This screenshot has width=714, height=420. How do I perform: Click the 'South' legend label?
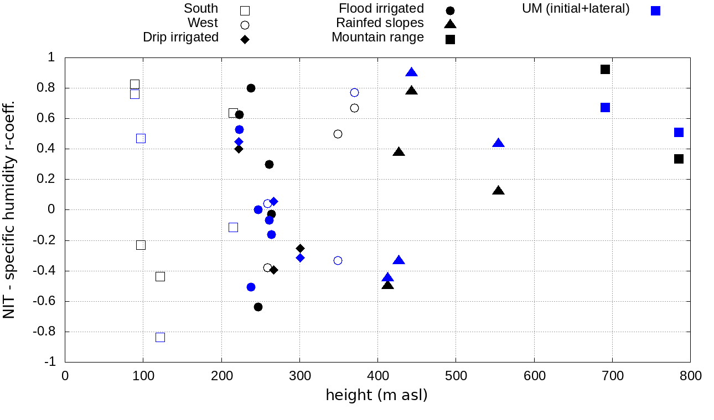[x=201, y=9]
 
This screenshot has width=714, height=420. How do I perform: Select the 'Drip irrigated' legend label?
[x=180, y=37]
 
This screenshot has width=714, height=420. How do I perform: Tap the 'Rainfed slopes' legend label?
[x=380, y=23]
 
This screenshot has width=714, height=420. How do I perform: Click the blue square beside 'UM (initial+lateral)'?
[x=655, y=11]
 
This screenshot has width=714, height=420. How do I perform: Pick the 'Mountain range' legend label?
[x=377, y=38]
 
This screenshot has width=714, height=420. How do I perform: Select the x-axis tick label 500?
[x=456, y=376]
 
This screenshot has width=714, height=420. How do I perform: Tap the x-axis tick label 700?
[x=613, y=376]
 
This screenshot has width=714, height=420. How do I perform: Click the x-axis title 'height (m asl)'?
[x=376, y=396]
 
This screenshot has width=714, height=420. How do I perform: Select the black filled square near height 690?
[x=605, y=69]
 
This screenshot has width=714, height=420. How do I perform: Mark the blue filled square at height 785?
[x=679, y=132]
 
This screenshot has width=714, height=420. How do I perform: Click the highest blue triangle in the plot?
[x=411, y=72]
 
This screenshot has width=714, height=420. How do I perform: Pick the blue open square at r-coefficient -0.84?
[x=160, y=337]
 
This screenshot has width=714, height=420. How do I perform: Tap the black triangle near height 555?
[x=498, y=191]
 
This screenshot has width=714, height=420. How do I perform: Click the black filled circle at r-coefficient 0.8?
[x=251, y=88]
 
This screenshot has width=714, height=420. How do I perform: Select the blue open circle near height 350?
[x=338, y=260]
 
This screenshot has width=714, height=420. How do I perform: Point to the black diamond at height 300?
[x=300, y=248]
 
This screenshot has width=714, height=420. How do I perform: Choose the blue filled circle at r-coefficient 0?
[x=258, y=209]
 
